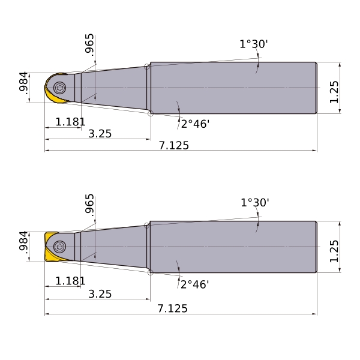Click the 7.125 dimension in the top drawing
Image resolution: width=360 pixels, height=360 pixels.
174,145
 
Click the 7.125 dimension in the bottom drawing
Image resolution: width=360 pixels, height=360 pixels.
172,308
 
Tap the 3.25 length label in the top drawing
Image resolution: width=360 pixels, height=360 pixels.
100,134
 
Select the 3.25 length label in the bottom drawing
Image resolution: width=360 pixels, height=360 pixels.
100,294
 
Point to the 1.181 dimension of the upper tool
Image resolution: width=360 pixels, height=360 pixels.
70,122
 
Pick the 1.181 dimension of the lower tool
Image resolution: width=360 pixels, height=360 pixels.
70,281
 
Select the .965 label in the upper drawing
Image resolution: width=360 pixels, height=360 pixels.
89,45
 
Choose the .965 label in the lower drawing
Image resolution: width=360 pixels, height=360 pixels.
89,205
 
